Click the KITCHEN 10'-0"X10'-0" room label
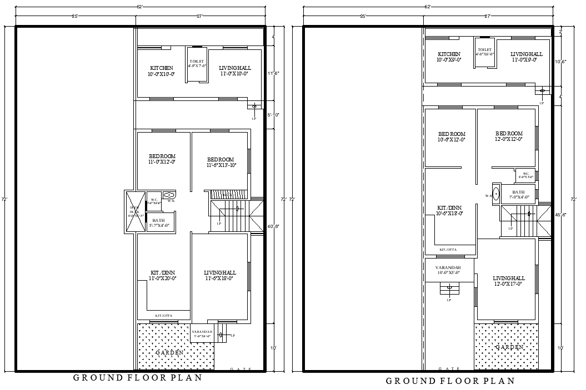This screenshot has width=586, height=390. point(161,71)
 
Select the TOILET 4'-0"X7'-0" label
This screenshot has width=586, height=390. point(197,63)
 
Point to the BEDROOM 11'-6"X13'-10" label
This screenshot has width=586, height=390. point(221,163)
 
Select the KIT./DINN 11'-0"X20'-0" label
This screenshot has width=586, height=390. point(163,276)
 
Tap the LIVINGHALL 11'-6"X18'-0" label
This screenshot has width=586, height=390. point(220,276)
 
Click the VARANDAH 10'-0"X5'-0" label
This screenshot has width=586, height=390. point(448,270)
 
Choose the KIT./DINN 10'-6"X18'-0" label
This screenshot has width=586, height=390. point(450,210)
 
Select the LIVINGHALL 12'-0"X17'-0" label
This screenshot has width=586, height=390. point(508,281)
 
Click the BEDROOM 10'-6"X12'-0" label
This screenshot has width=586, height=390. point(451,137)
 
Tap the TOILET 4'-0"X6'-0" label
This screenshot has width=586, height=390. point(484,52)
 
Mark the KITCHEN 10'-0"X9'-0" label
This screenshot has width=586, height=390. point(449,57)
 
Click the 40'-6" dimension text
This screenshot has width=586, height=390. point(273,226)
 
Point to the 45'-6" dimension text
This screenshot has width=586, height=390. point(561,215)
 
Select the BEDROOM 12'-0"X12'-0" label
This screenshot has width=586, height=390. point(509,136)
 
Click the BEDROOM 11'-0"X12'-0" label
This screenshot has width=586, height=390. point(162,159)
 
